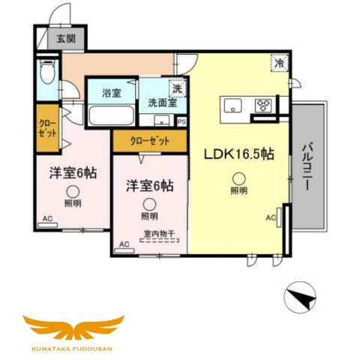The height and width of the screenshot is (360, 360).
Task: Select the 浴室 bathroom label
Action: click(x=112, y=94)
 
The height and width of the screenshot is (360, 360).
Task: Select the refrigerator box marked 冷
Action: click(x=278, y=65)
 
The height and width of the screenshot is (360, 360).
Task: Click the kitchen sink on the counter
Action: click(x=231, y=103)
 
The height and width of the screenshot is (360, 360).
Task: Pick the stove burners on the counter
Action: click(x=265, y=105)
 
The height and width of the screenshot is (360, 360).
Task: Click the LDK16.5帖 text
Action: click(x=239, y=155)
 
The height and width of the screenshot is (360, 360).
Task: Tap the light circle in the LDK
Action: click(x=238, y=178)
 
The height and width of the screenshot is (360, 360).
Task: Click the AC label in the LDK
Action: click(x=271, y=218)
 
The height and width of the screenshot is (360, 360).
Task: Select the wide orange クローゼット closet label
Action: click(x=149, y=140)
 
